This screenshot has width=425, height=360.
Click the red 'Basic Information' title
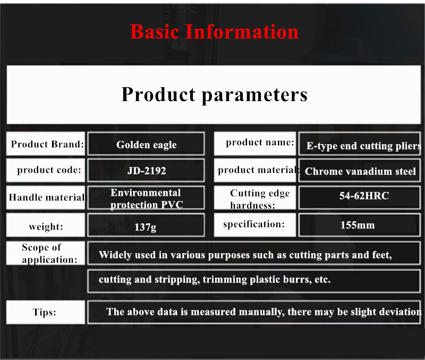click(214, 32)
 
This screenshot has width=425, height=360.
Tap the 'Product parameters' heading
click(214, 95)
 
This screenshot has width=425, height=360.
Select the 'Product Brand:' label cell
click(46, 144)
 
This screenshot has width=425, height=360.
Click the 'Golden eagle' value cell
click(146, 144)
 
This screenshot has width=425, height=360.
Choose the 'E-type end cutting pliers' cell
click(360, 144)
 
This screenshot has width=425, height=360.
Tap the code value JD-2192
click(146, 170)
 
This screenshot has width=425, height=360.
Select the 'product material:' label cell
click(255, 170)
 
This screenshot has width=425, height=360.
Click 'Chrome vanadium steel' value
click(360, 170)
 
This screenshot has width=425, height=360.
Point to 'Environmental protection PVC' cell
click(146, 197)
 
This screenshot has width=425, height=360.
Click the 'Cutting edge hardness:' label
click(255, 197)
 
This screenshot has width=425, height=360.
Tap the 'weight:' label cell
click(46, 225)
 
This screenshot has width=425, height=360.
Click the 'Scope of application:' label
click(46, 253)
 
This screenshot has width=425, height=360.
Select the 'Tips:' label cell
click(46, 312)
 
